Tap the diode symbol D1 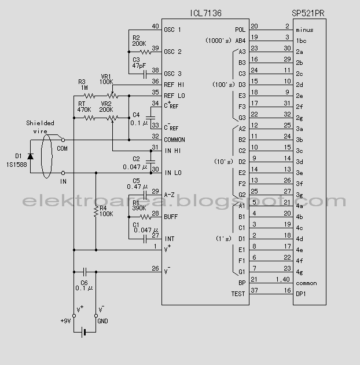click(30, 156)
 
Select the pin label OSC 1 click(172, 30)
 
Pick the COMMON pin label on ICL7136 click(174, 140)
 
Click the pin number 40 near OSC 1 click(155, 27)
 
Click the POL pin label click(240, 30)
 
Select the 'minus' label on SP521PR click(304, 30)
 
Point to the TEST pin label click(238, 294)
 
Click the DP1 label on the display click(301, 294)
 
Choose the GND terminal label click(101, 321)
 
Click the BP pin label click(242, 283)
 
